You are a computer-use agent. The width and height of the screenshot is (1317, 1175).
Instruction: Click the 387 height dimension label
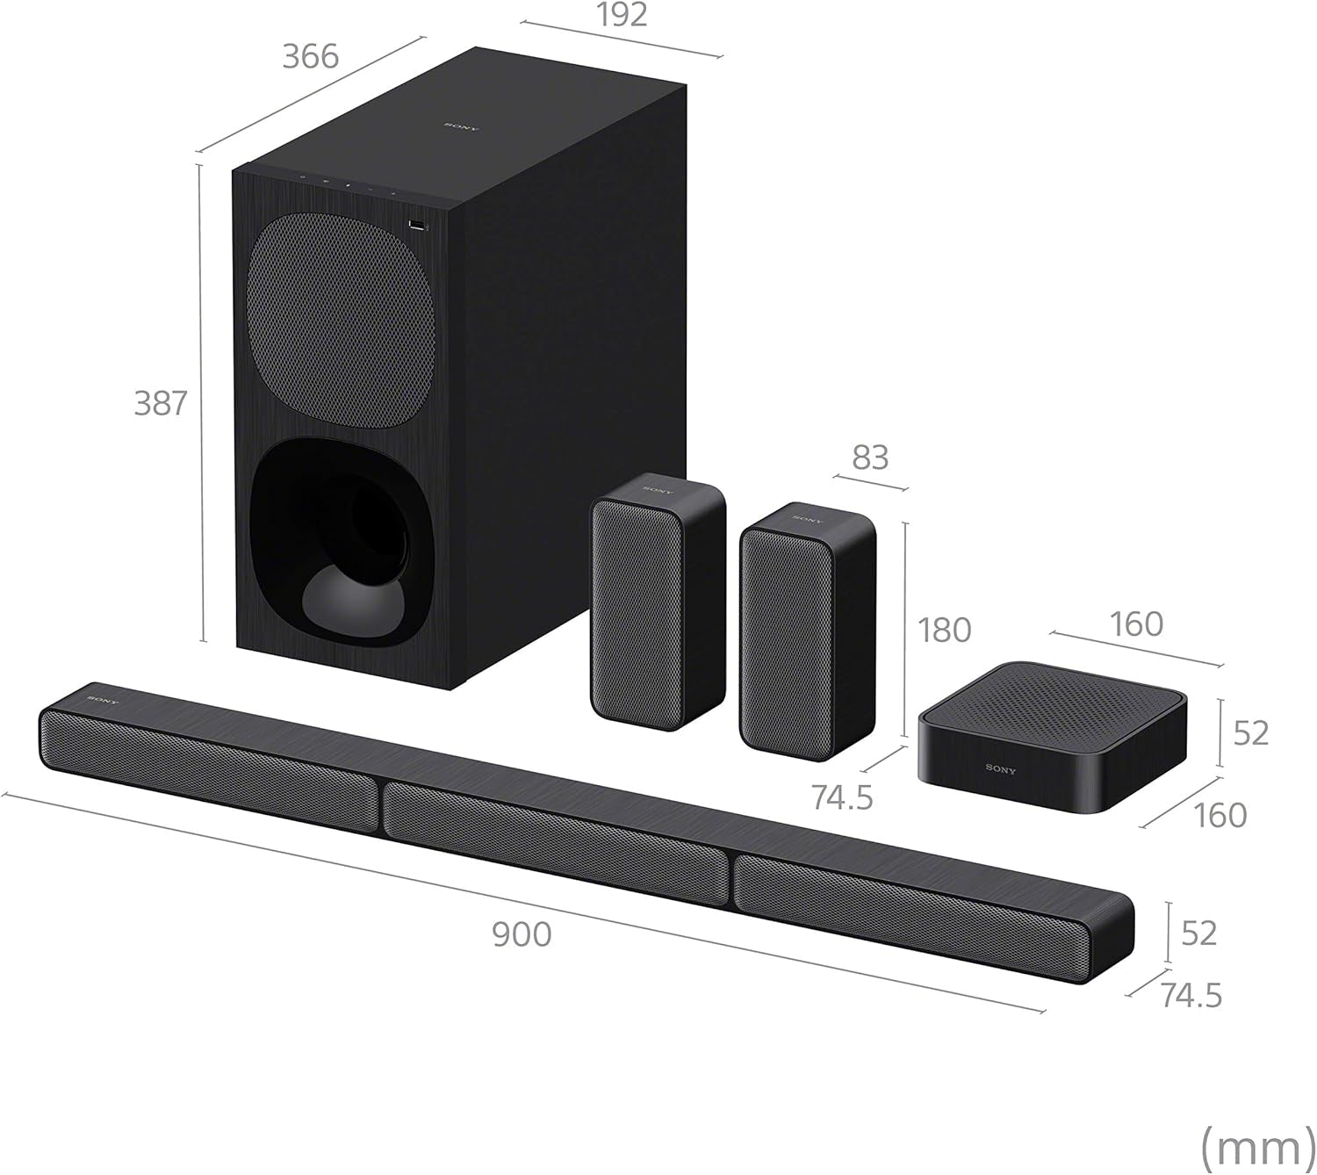(x=161, y=403)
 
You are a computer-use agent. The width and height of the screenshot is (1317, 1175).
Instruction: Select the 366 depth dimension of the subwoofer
(x=310, y=56)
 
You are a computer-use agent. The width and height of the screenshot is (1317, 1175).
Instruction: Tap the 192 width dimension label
(x=622, y=16)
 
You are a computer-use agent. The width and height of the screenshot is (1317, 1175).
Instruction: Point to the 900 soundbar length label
(x=522, y=934)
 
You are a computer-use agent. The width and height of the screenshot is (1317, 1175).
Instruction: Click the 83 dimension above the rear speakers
(x=869, y=458)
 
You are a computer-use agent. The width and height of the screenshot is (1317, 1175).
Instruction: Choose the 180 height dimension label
(x=944, y=631)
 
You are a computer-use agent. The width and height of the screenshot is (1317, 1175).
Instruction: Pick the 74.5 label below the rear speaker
(x=842, y=797)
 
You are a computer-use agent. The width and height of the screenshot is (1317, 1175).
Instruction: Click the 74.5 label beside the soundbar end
(x=1191, y=996)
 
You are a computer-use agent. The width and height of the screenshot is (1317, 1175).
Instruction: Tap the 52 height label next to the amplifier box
(x=1250, y=732)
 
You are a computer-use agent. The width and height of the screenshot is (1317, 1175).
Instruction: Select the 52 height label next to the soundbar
(x=1198, y=933)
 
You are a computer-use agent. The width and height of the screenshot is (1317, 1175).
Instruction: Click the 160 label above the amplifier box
(x=1136, y=624)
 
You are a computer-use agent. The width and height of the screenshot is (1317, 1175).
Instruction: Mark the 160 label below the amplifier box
(x=1220, y=816)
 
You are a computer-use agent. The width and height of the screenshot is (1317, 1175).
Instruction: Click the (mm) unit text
(x=1256, y=1145)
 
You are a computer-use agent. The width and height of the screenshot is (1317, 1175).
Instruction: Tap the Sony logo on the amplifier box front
(x=1000, y=769)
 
